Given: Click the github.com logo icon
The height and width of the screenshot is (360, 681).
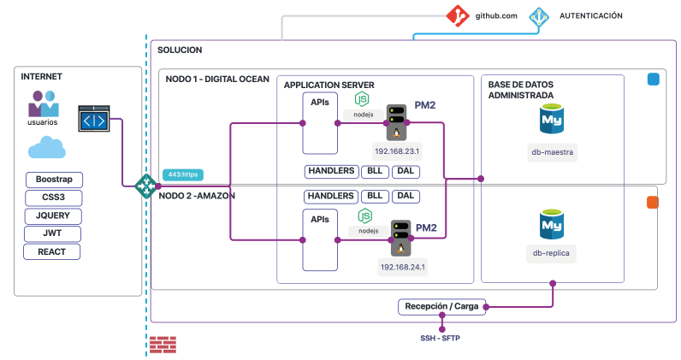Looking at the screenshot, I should click(459, 15).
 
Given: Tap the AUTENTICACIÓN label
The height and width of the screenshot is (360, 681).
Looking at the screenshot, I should click(590, 15).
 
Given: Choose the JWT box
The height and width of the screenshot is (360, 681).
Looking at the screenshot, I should click(52, 233).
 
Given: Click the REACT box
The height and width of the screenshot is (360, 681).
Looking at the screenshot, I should click(52, 251).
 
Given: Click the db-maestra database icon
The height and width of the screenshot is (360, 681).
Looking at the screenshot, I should click(551, 119).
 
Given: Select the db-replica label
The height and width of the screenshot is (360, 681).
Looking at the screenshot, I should click(551, 253).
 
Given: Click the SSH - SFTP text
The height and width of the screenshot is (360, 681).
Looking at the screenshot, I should click(442, 339).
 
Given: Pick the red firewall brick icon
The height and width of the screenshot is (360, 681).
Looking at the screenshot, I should click(163, 345).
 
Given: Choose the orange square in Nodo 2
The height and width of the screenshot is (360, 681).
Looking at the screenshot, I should click(652, 203).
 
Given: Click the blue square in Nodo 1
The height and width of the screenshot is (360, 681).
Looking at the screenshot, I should click(653, 80).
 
